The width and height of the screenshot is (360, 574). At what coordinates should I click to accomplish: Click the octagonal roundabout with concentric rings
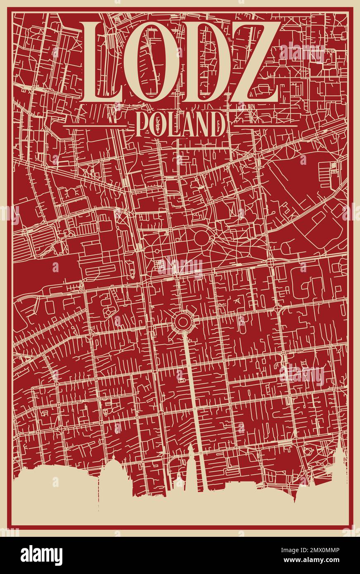(x=182, y=321)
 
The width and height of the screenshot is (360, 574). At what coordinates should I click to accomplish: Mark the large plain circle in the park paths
(x=202, y=238)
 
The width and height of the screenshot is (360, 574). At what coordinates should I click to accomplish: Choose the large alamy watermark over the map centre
(x=180, y=266)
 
